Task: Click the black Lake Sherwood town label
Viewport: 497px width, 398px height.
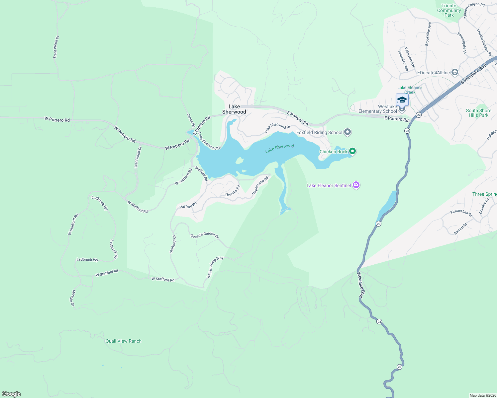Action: (234, 109)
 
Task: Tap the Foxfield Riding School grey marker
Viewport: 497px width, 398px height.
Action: (348, 132)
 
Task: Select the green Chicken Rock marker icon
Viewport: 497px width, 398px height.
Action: (352, 152)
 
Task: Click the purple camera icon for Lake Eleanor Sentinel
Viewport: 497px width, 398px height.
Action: (356, 185)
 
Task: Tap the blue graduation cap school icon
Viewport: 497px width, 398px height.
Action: (402, 100)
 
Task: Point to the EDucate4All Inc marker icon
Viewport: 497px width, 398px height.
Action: (455, 72)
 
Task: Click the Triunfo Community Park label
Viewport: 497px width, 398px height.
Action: (449, 10)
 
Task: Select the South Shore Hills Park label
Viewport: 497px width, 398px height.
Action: (478, 113)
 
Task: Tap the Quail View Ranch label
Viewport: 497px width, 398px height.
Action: (124, 341)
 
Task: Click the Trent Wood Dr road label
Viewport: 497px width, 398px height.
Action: (56, 47)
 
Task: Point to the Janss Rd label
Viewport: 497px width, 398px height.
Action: (191, 120)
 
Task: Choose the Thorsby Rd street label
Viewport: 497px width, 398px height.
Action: (233, 191)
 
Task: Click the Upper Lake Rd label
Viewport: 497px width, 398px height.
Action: (260, 186)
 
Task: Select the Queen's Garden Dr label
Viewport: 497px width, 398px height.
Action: (204, 236)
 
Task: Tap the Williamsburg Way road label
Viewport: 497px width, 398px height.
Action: (215, 267)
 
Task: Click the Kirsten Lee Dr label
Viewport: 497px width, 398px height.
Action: (461, 213)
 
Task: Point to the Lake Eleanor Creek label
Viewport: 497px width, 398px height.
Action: (410, 90)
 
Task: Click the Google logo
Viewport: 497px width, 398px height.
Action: (11, 394)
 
